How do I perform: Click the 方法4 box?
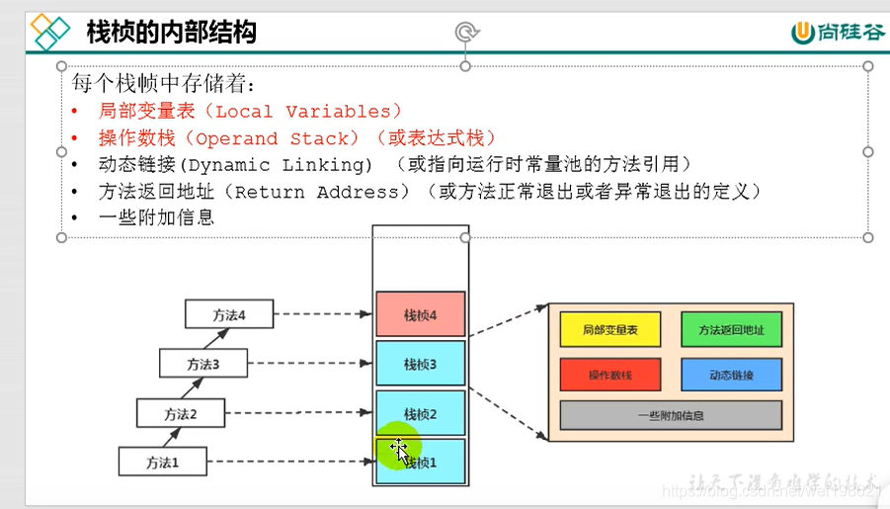(x=229, y=315)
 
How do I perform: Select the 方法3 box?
(x=203, y=364)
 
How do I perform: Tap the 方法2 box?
(x=181, y=413)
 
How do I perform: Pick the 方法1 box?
(x=164, y=462)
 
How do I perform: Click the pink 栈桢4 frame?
(x=420, y=315)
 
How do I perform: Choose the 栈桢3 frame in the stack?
(x=420, y=364)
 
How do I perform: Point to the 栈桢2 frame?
(x=420, y=413)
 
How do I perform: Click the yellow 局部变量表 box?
(x=609, y=329)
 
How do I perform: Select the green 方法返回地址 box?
(x=731, y=329)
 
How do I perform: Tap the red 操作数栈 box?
(x=609, y=376)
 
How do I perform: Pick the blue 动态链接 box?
(x=731, y=376)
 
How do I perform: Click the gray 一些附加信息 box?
(x=671, y=415)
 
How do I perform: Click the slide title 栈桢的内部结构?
(x=172, y=33)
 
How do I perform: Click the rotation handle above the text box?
(x=466, y=33)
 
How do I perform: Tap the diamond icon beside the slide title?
(x=51, y=33)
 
